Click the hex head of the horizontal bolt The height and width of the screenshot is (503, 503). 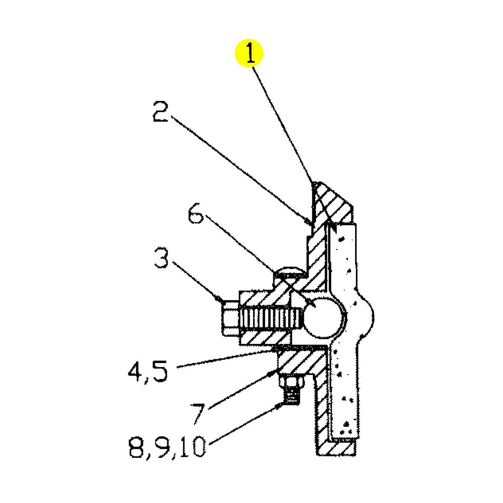tap(229, 318)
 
